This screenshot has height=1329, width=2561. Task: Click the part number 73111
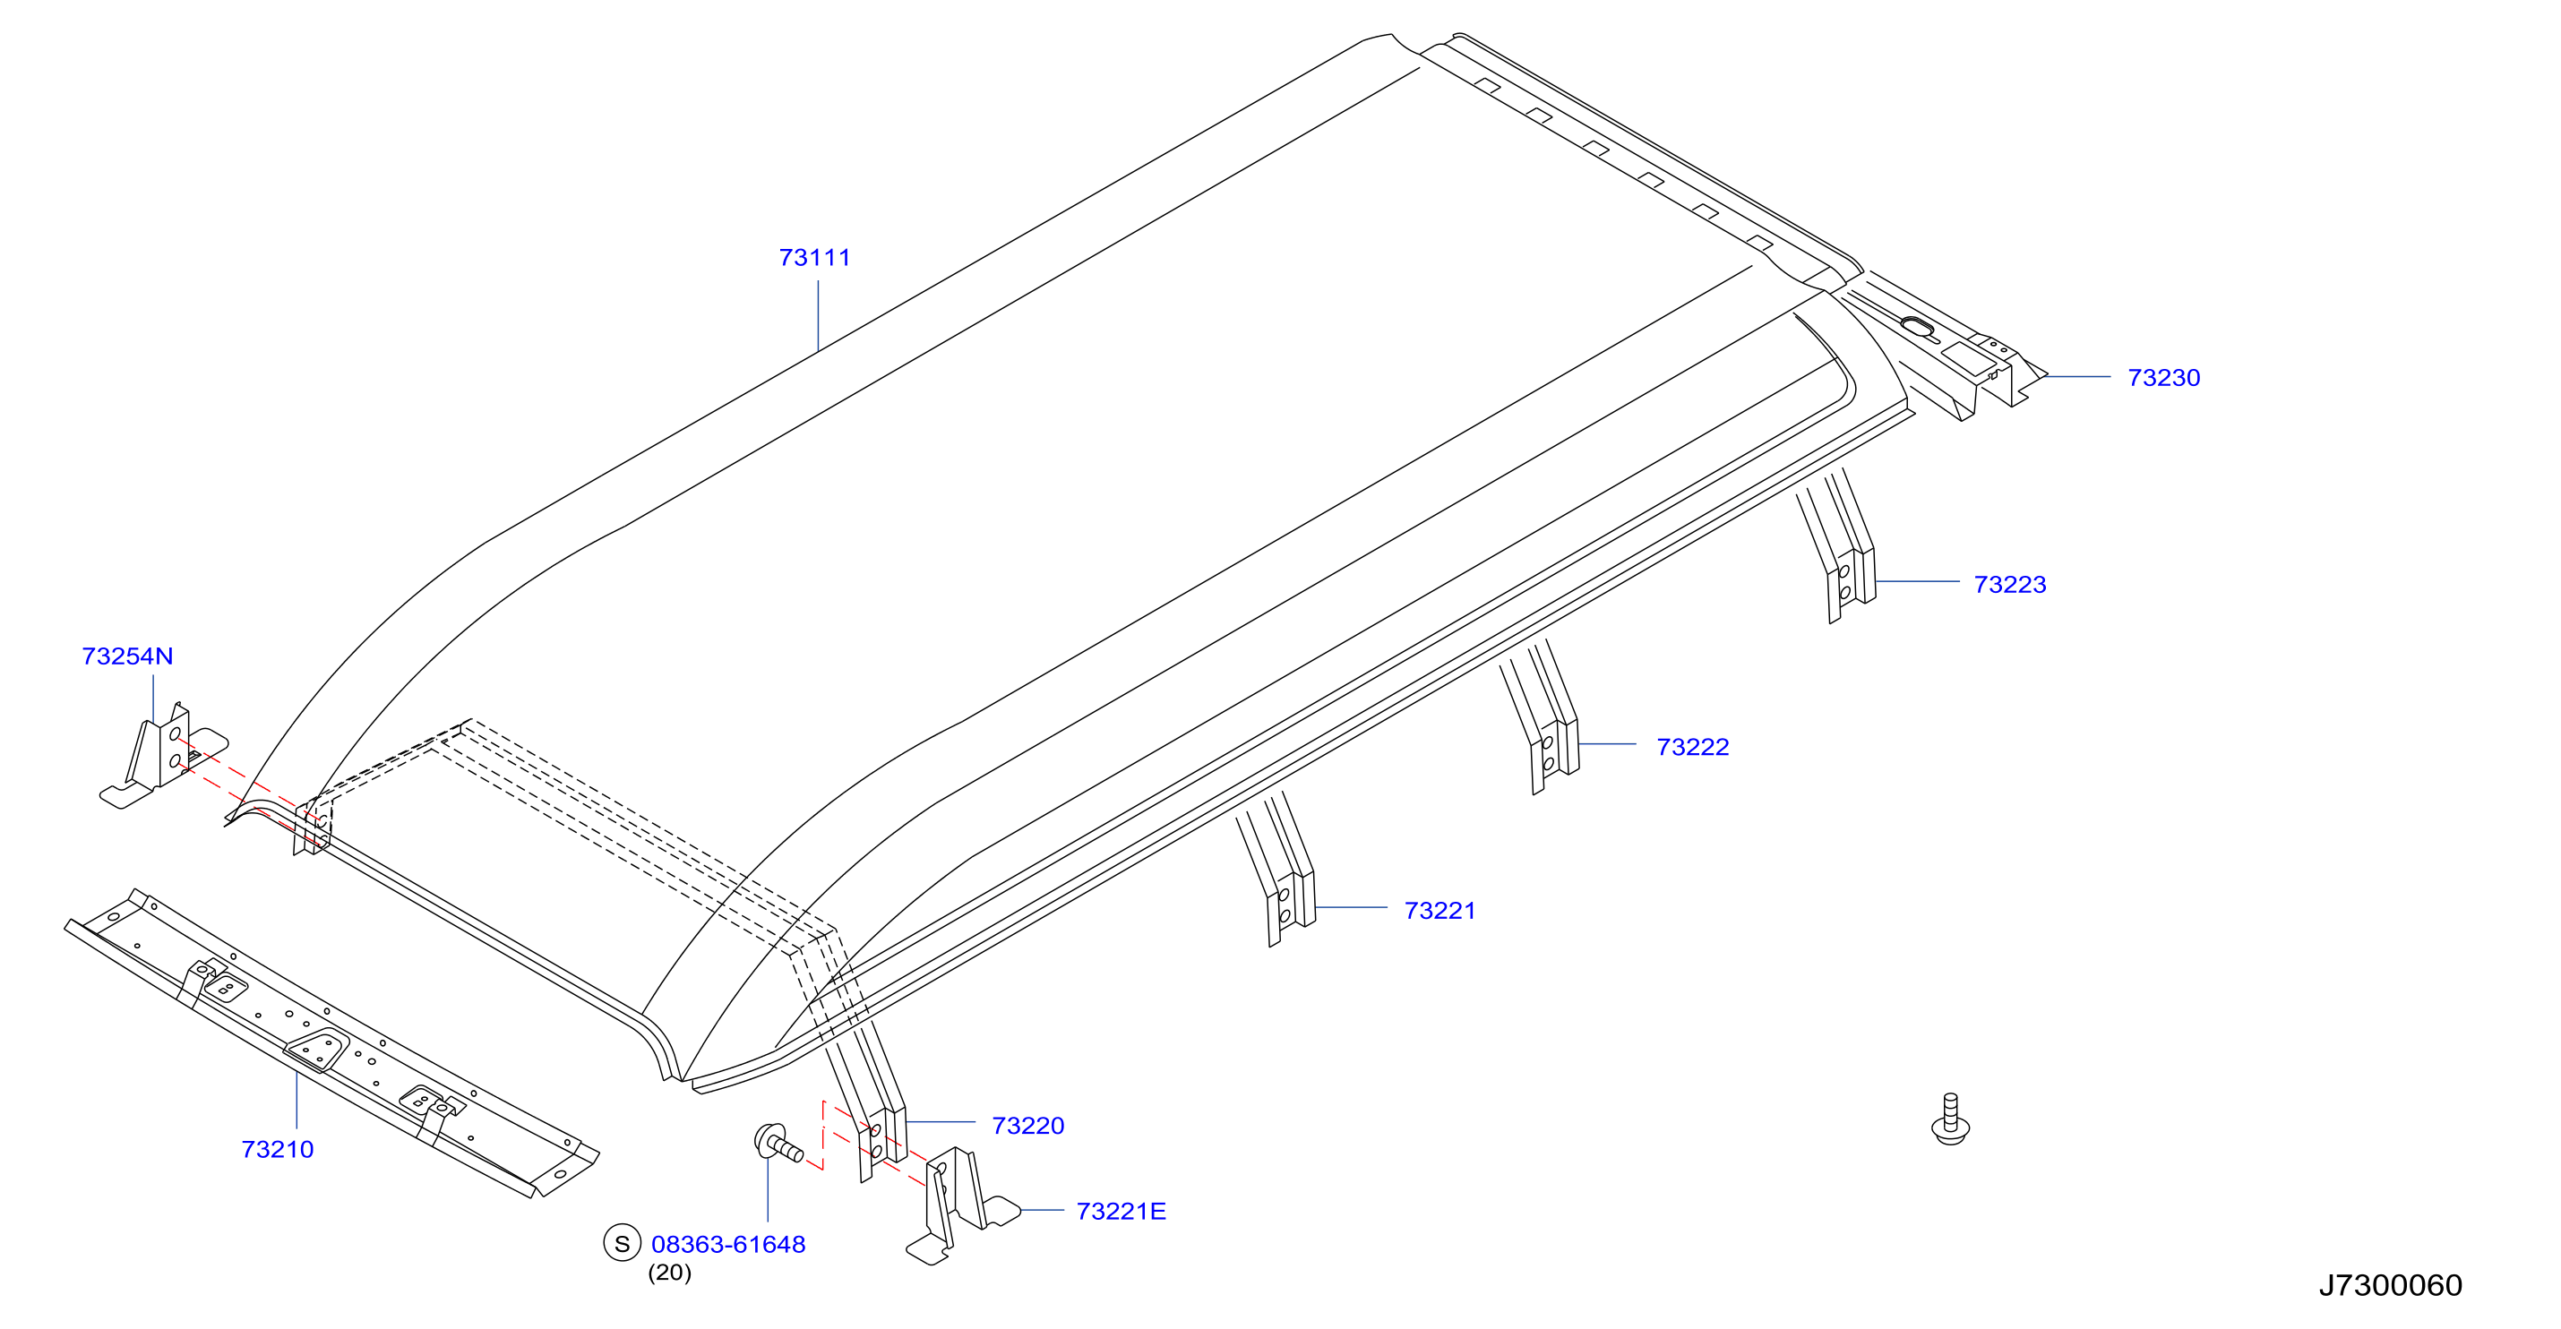pyautogui.click(x=814, y=257)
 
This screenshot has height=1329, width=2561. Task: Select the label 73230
pyautogui.click(x=2163, y=378)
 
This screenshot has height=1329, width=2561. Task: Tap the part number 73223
pyautogui.click(x=2009, y=585)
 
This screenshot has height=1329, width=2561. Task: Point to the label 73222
pyautogui.click(x=1692, y=747)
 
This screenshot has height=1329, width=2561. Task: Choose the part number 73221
pyautogui.click(x=1439, y=911)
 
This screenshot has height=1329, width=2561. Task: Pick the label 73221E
pyautogui.click(x=1121, y=1211)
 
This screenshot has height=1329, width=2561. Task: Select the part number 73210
pyautogui.click(x=278, y=1149)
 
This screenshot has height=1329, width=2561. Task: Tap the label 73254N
pyautogui.click(x=127, y=656)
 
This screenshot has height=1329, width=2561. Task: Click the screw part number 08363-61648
pyautogui.click(x=727, y=1244)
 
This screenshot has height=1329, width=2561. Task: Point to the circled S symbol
pyautogui.click(x=623, y=1242)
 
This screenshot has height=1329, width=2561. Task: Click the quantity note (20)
pyautogui.click(x=669, y=1273)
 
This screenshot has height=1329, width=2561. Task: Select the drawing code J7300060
pyautogui.click(x=2390, y=1285)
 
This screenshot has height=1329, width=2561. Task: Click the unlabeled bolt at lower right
pyautogui.click(x=1949, y=1119)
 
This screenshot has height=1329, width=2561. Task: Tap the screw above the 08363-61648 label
pyautogui.click(x=778, y=1143)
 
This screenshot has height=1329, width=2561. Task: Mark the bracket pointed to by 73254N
pyautogui.click(x=163, y=756)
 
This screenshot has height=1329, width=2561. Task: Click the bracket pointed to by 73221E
pyautogui.click(x=960, y=1205)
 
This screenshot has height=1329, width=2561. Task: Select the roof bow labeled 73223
pyautogui.click(x=1837, y=546)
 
